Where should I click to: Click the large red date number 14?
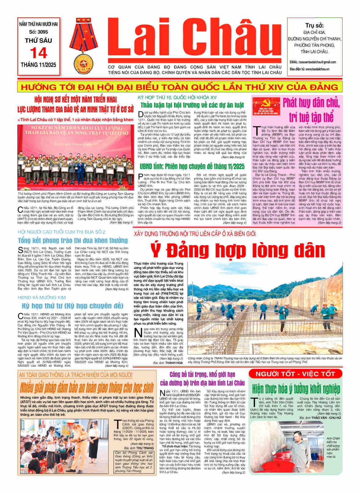39,53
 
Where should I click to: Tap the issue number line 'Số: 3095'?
39,32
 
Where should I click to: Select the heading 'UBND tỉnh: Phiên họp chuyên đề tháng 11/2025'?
192,167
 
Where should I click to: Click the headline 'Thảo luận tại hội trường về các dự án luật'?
192,105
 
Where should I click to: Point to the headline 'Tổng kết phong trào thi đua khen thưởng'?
73,240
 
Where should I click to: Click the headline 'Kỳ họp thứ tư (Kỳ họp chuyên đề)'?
73,306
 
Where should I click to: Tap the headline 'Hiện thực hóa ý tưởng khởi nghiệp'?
296,389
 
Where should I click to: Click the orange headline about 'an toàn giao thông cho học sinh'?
87,387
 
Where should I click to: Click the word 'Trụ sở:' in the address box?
314,26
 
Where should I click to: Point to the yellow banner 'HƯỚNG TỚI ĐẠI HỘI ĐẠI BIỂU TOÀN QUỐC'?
180,87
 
